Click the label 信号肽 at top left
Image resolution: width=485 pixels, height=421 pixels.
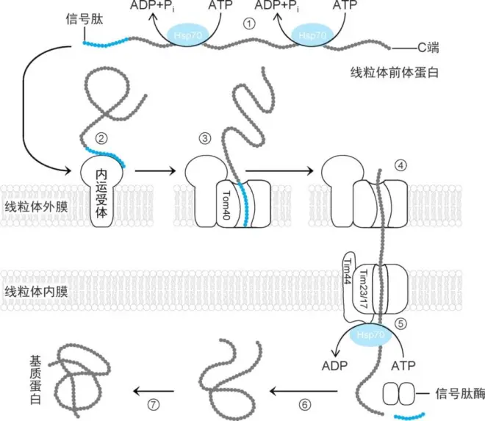(x=83, y=17)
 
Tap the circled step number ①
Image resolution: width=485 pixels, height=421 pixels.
(x=250, y=23)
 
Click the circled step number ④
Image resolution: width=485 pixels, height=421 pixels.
(x=400, y=163)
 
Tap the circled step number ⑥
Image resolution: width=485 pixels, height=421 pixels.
(x=306, y=403)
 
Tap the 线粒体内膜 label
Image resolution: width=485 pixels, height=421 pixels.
(x=37, y=292)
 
